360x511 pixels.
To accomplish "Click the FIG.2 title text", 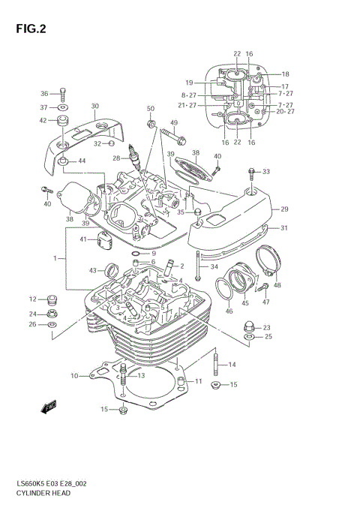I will point(30,29).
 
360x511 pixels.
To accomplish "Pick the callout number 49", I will point(174,123).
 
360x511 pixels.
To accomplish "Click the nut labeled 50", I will point(151,123).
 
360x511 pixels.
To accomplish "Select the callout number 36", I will point(43,94).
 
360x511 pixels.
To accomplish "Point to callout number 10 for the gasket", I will point(74,376).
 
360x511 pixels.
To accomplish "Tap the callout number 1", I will point(54,258).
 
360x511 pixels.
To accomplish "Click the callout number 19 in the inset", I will point(190,82).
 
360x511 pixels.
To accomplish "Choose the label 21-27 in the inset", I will point(187,105).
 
